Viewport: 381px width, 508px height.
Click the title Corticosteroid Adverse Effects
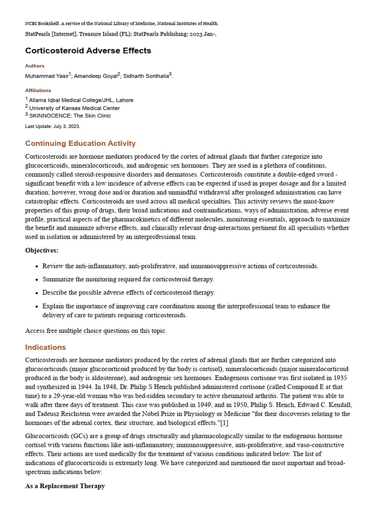click(88, 51)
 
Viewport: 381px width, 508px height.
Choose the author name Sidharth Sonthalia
click(146, 76)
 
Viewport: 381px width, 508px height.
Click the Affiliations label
click(38, 90)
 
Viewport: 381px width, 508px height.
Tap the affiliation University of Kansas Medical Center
click(74, 108)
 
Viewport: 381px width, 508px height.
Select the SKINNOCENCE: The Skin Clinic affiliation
click(70, 116)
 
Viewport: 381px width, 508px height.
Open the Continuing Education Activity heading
click(80, 143)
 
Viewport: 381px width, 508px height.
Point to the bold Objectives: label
click(42, 251)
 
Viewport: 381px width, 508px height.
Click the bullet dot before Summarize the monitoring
click(37, 280)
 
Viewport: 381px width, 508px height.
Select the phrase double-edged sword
click(293, 174)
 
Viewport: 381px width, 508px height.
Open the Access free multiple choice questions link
click(96, 331)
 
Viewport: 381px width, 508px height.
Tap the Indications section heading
click(46, 347)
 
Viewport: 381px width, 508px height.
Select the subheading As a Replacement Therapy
click(65, 486)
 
